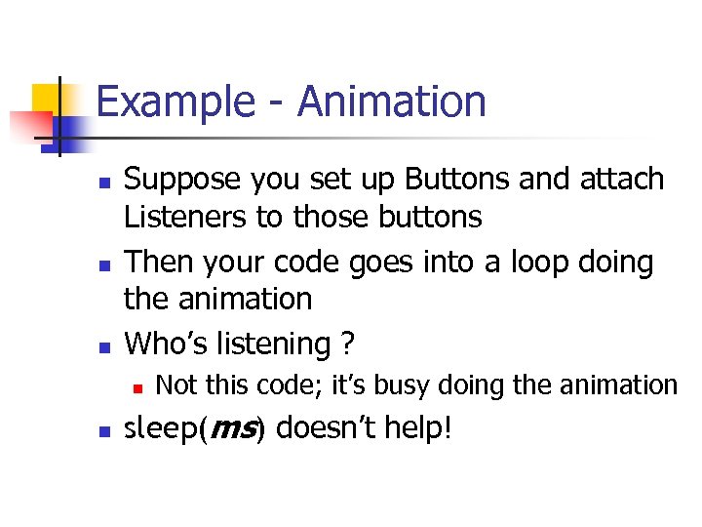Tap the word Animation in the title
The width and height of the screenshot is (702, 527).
tap(392, 101)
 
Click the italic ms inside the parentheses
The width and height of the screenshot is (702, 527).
tap(233, 427)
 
